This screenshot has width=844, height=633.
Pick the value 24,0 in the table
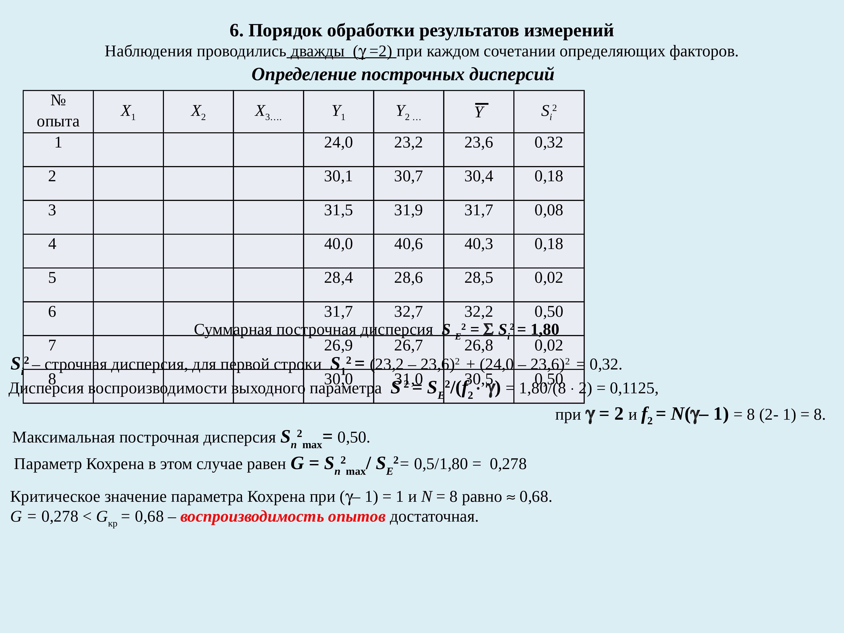[338, 143]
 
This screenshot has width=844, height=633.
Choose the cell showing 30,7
[408, 176]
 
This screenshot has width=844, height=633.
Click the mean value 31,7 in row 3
[479, 210]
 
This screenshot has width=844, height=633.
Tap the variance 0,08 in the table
[548, 210]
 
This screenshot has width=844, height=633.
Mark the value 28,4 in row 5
[338, 278]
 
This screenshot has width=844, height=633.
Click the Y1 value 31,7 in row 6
[338, 312]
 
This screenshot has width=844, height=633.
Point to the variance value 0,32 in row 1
[548, 143]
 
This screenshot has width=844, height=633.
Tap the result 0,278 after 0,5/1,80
[508, 464]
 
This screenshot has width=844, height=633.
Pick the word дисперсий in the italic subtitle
[511, 74]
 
